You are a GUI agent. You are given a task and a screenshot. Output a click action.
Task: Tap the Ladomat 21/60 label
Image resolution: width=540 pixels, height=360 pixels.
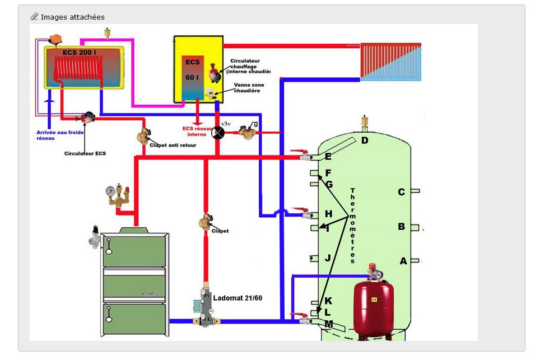[238, 298]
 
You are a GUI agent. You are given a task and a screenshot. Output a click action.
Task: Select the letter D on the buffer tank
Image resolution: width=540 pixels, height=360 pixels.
[365, 140]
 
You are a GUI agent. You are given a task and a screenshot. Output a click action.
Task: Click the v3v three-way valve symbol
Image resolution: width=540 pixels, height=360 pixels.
[220, 133]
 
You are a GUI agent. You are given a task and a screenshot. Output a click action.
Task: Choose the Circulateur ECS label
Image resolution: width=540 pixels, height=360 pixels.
[85, 153]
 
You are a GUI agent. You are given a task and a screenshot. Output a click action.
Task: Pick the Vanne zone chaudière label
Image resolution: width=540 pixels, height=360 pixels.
[249, 87]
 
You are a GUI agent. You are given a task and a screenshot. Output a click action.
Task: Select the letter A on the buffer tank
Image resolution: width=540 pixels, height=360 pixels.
[403, 261]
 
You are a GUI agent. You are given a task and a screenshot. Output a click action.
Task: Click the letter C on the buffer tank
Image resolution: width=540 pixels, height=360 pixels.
[401, 193]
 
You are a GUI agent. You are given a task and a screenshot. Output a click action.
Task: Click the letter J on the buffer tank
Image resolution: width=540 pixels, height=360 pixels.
[328, 258]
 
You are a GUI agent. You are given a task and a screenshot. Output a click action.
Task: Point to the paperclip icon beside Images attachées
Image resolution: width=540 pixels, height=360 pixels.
[35, 17]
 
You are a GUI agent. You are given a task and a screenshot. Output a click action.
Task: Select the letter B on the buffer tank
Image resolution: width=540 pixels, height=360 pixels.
[401, 227]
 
